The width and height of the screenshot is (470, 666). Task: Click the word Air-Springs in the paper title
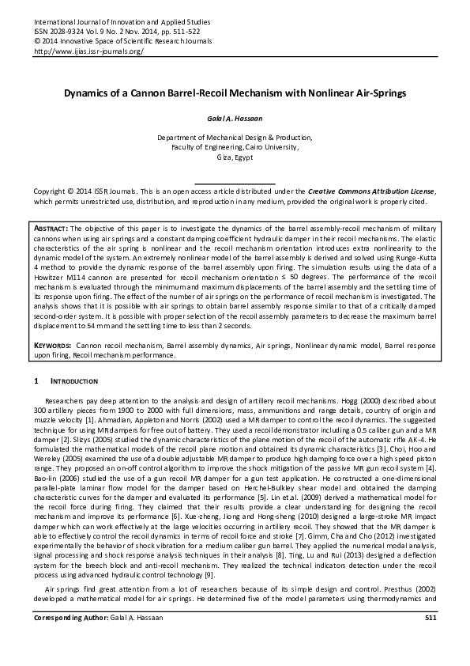(x=360, y=93)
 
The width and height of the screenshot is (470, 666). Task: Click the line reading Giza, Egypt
(x=235, y=157)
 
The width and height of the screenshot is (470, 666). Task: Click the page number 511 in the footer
(x=430, y=638)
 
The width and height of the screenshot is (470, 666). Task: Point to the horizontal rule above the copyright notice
(x=235, y=183)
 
